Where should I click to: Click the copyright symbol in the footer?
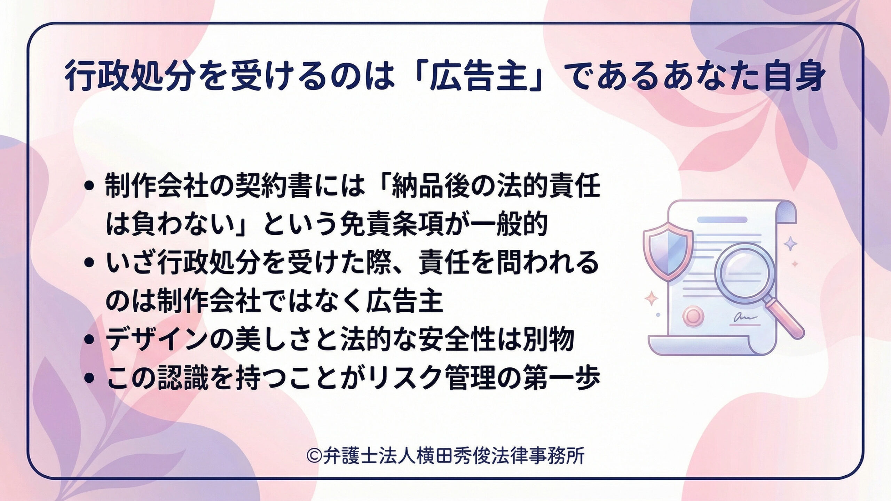tap(314, 455)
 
